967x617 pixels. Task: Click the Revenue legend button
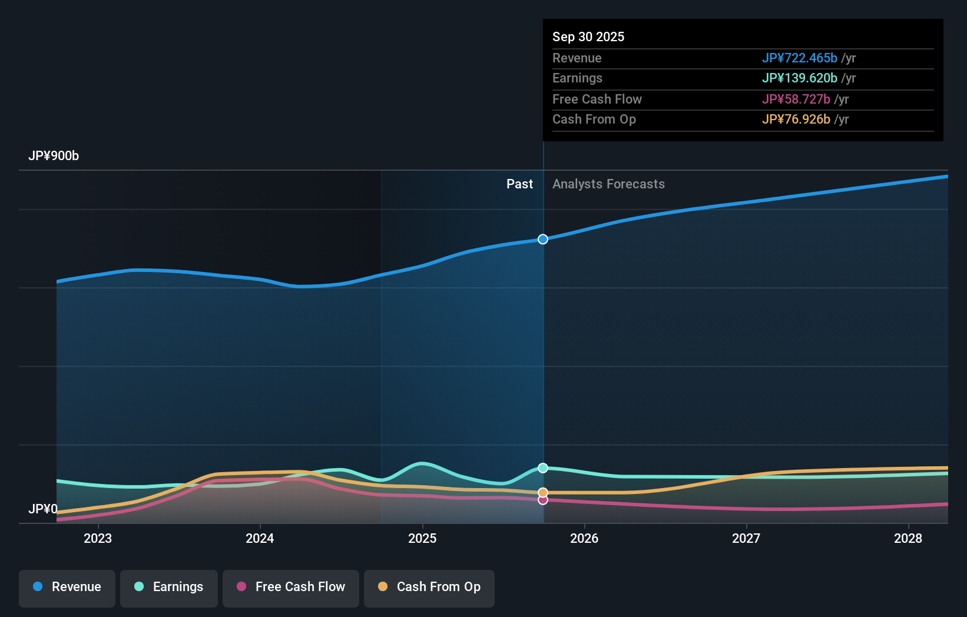pyautogui.click(x=67, y=587)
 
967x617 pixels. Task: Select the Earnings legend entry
pyautogui.click(x=169, y=587)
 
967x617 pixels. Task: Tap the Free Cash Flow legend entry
pyautogui.click(x=291, y=587)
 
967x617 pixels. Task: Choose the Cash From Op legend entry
pyautogui.click(x=429, y=587)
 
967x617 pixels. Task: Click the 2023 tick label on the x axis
pyautogui.click(x=98, y=538)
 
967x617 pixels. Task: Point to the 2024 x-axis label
pyautogui.click(x=260, y=538)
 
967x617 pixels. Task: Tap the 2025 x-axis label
pyautogui.click(x=422, y=538)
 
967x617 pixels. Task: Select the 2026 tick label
pyautogui.click(x=584, y=538)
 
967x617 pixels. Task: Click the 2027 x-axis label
pyautogui.click(x=746, y=538)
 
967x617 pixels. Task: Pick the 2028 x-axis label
pyautogui.click(x=908, y=538)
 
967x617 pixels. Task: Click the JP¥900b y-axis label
pyautogui.click(x=54, y=156)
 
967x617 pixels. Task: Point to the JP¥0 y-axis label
pyautogui.click(x=43, y=509)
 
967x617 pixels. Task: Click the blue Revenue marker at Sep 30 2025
pyautogui.click(x=543, y=239)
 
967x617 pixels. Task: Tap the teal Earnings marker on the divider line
pyautogui.click(x=543, y=468)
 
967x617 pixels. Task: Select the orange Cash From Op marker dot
pyautogui.click(x=543, y=493)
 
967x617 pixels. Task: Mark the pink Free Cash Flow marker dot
pyautogui.click(x=543, y=500)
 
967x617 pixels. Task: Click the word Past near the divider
pyautogui.click(x=519, y=184)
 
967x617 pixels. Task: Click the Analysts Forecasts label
pyautogui.click(x=608, y=184)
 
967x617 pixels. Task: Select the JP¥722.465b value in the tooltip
pyautogui.click(x=799, y=58)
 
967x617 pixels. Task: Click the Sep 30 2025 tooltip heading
pyautogui.click(x=588, y=37)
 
